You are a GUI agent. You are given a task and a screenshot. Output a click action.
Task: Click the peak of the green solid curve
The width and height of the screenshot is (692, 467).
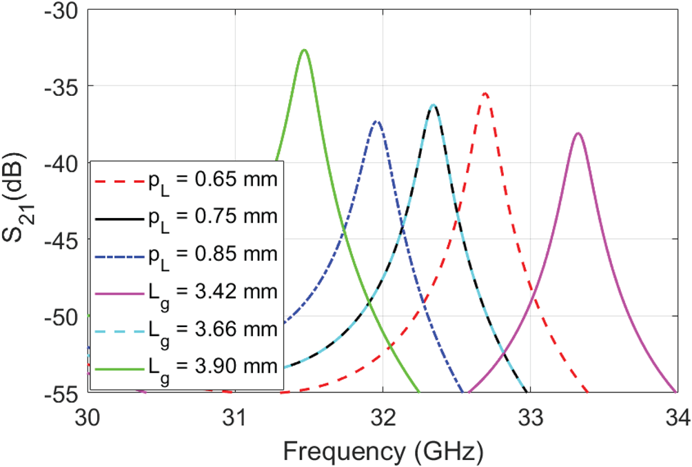tap(304, 50)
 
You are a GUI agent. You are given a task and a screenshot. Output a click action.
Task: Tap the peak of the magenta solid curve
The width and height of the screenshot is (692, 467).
tap(578, 133)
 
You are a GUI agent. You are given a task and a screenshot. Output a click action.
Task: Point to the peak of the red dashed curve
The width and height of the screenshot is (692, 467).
tap(485, 93)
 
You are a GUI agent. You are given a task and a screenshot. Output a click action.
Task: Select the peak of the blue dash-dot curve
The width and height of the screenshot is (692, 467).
tap(376, 121)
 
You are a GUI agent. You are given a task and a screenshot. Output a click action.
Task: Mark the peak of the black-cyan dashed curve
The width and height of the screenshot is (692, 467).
tap(434, 105)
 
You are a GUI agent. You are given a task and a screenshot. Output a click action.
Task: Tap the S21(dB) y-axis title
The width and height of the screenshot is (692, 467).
tap(19, 201)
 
